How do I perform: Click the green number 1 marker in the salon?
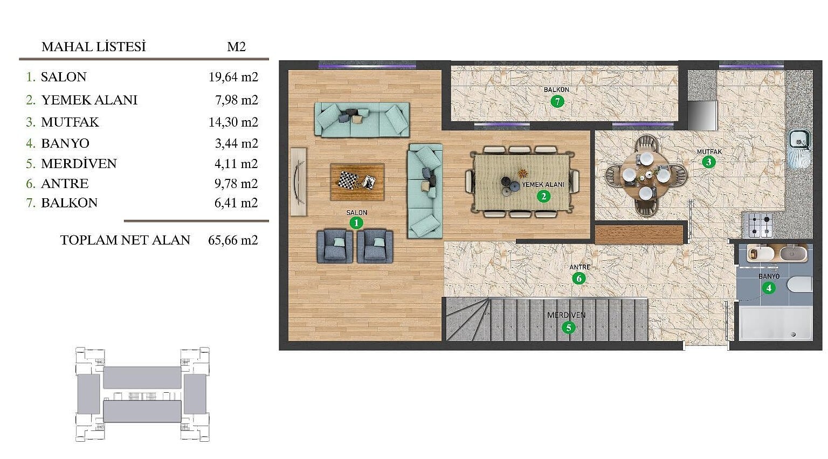[356, 223]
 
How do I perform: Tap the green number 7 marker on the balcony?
[557, 101]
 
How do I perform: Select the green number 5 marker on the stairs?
[568, 328]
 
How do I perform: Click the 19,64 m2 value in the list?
[233, 77]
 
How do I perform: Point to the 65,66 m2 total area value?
[233, 240]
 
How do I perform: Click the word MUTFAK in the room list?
[70, 122]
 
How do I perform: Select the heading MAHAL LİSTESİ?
[94, 47]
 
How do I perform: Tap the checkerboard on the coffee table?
[349, 180]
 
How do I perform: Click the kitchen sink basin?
[799, 140]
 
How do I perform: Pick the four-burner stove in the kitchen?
[761, 225]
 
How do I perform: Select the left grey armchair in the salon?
[335, 246]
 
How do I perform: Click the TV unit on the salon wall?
[299, 182]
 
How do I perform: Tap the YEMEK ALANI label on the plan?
[543, 184]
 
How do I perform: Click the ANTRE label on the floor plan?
[579, 267]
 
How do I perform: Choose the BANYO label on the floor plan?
[769, 276]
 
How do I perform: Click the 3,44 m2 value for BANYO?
[237, 143]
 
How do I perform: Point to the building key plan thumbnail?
[142, 394]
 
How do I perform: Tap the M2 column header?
[236, 47]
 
